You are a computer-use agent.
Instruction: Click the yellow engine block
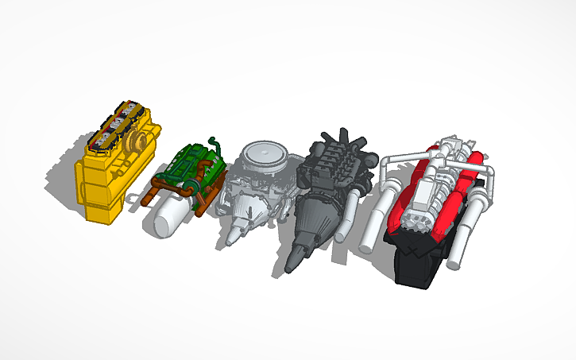pyautogui.click(x=103, y=187)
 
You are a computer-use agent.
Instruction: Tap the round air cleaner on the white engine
pyautogui.click(x=263, y=154)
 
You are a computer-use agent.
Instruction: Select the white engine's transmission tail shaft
pyautogui.click(x=238, y=231)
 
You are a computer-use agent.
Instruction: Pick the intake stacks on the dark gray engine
pyautogui.click(x=334, y=143)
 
